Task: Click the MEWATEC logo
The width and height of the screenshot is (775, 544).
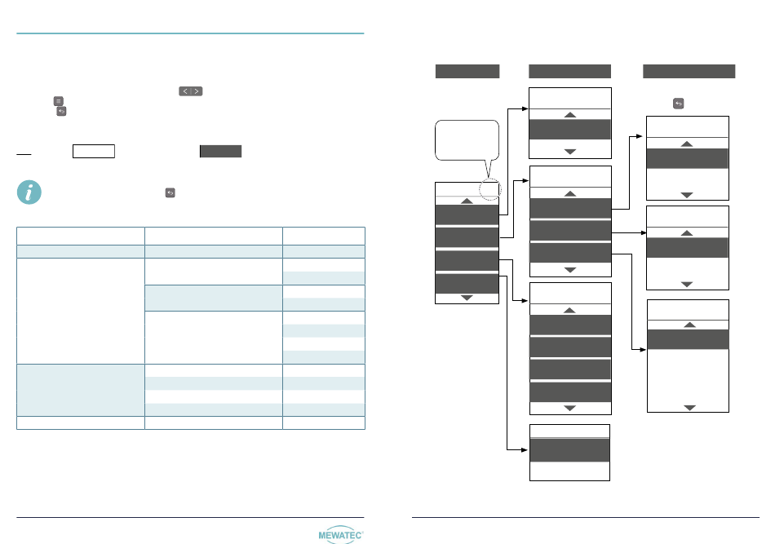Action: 340,533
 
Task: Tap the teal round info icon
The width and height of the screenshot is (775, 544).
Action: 29,192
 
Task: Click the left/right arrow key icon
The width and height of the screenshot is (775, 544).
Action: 190,91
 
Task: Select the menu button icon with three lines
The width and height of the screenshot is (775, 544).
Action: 59,100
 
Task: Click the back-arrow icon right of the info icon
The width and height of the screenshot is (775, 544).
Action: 170,192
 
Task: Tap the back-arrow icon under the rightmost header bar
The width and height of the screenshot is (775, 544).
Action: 678,104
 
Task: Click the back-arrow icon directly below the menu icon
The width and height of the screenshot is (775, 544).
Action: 61,110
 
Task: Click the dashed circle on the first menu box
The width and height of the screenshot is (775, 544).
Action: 489,190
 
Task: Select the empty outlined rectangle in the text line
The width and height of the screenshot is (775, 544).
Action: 93,151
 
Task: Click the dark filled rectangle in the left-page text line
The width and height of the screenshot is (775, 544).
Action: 221,151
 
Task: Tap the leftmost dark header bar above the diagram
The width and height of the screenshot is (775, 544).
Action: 467,71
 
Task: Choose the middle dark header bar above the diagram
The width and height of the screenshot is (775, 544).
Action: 569,71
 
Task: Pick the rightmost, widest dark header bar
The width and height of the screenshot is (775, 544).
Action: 689,71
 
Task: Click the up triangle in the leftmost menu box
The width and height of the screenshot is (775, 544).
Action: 467,200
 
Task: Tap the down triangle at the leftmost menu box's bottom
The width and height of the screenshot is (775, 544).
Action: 467,298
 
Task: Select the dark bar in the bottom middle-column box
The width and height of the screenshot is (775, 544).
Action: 569,449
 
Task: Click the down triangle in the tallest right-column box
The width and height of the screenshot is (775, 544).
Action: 689,406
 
